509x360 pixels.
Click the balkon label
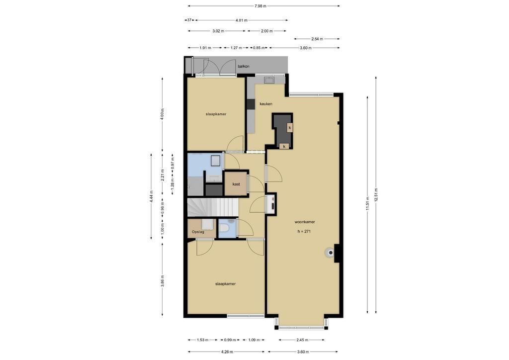point(244,66)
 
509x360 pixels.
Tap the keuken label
point(266,104)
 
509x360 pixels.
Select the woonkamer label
point(305,222)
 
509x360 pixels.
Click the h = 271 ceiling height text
point(304,231)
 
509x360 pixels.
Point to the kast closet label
point(236,184)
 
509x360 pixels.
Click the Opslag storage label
point(198,232)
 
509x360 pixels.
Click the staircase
point(213,207)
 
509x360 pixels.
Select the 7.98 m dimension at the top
point(260,6)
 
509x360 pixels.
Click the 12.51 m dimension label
point(376,195)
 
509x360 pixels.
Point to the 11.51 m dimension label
point(367,203)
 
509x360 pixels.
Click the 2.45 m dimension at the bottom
point(302,340)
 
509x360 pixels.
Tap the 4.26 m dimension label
point(227,352)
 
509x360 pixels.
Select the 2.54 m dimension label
point(317,39)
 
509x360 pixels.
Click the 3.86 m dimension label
point(163,281)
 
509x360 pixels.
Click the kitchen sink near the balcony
point(269,80)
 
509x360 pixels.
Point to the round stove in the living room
point(331,253)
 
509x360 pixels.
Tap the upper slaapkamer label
point(216,114)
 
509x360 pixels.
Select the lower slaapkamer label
point(225,284)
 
